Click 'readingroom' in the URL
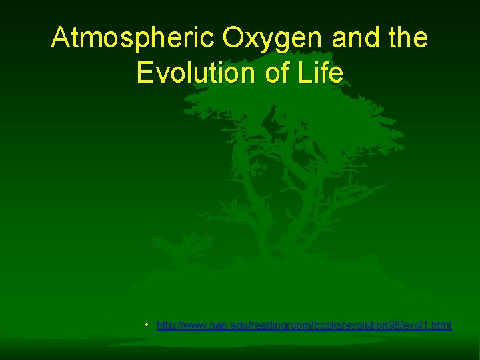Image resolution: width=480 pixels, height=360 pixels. (269, 325)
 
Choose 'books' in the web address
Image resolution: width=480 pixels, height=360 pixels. (313, 325)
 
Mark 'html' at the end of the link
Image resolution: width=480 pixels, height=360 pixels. (439, 325)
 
